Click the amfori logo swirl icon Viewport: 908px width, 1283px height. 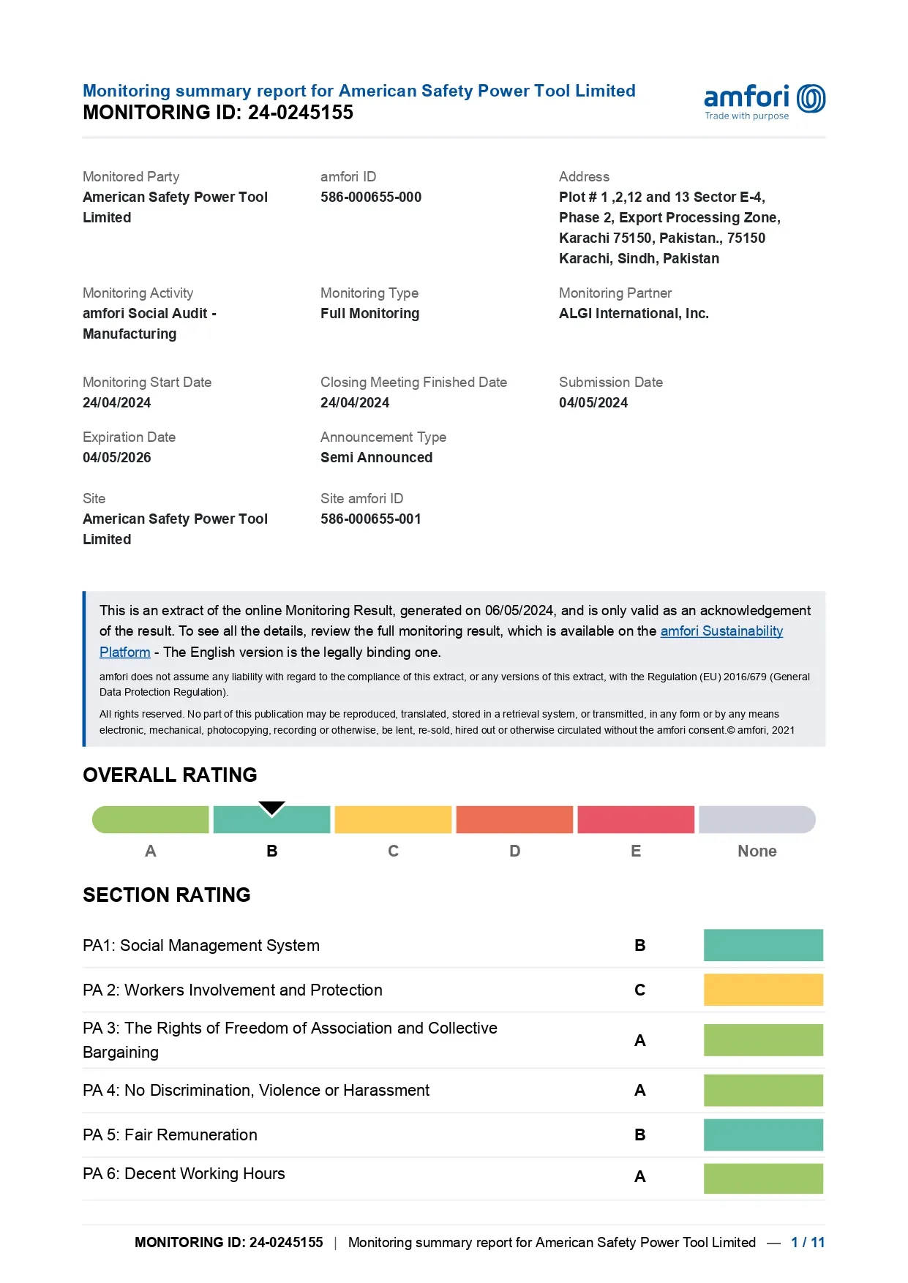click(x=811, y=99)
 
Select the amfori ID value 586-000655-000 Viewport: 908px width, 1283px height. click(x=370, y=197)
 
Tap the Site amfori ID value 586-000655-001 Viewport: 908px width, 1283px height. click(x=370, y=519)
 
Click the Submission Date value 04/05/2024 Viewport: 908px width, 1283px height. click(x=593, y=403)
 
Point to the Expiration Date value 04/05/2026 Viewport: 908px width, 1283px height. click(x=116, y=458)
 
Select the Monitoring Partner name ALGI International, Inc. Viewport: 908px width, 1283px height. click(x=633, y=314)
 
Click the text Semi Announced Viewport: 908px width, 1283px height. click(x=376, y=458)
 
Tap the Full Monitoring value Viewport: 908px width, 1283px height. click(x=369, y=314)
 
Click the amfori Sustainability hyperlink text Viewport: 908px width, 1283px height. click(x=721, y=631)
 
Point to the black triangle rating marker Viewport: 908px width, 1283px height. click(x=271, y=808)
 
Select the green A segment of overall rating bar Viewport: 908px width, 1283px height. click(x=151, y=820)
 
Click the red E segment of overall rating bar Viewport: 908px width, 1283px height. click(x=635, y=820)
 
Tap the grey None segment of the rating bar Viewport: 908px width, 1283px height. click(x=757, y=820)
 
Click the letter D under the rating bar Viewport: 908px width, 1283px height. click(x=514, y=851)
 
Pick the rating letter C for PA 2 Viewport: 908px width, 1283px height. click(x=639, y=990)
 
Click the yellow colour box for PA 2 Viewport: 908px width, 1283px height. click(x=762, y=990)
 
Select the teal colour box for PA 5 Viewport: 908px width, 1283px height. click(x=762, y=1135)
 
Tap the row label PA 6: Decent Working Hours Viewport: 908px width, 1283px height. click(x=184, y=1174)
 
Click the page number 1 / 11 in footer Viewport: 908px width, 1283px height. click(x=807, y=1243)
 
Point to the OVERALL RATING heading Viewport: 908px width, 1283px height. click(x=170, y=775)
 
